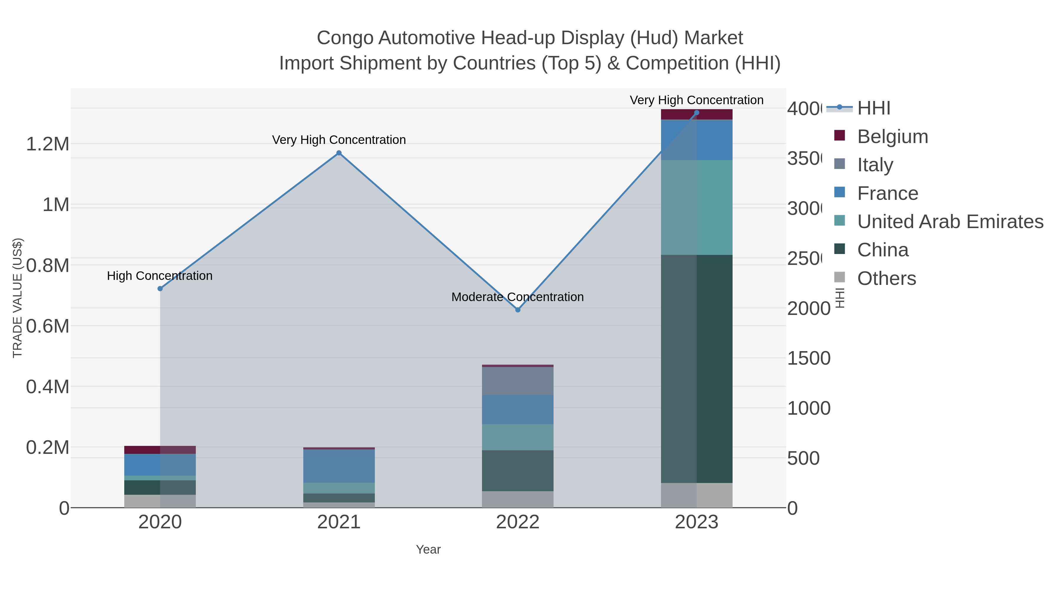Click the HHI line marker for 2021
[x=339, y=153]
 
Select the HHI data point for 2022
[x=518, y=310]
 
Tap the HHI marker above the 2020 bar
[x=160, y=289]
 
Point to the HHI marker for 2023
[x=697, y=113]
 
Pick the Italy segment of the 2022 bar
[x=518, y=381]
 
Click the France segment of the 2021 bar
[x=339, y=466]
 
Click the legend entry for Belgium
[x=892, y=136]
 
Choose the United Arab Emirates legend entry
[x=950, y=221]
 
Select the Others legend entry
[x=886, y=278]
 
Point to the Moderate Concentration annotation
[x=517, y=297]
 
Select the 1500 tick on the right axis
[x=809, y=358]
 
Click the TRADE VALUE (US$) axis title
[x=17, y=298]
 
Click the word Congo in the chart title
[x=345, y=38]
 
